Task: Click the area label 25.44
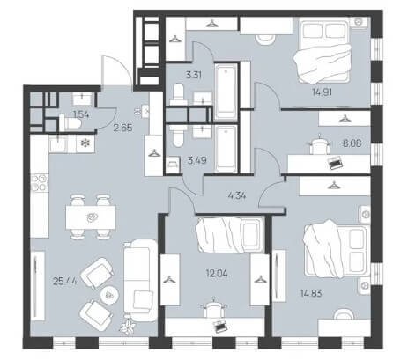65,282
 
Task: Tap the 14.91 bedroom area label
322,92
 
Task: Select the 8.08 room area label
352,143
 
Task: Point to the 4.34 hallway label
237,195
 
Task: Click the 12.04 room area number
217,274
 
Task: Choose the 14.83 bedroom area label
311,293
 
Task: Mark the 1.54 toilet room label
81,114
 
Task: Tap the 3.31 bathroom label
194,75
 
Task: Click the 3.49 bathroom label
196,160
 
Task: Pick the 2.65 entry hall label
122,128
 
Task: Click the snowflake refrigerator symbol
85,143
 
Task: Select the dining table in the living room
91,217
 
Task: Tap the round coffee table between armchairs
109,295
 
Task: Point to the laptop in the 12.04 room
220,326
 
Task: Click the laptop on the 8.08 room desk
335,163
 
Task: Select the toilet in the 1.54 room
70,123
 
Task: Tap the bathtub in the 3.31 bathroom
226,92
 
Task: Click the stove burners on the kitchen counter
40,182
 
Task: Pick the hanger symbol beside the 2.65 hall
153,153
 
